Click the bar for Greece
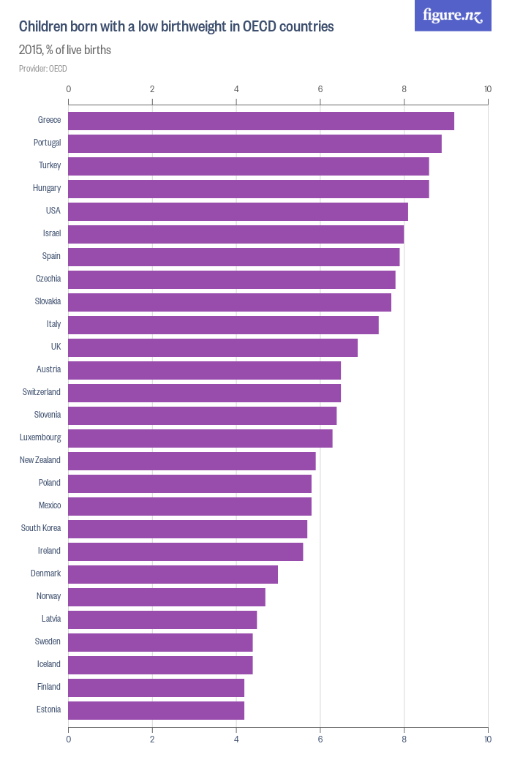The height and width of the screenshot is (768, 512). click(x=261, y=121)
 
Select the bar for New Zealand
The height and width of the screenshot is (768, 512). click(x=192, y=461)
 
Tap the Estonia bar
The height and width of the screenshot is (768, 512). click(x=156, y=710)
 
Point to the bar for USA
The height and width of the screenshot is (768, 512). click(x=238, y=211)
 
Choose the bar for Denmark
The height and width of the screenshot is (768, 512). click(x=173, y=574)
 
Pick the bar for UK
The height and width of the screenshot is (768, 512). click(x=213, y=347)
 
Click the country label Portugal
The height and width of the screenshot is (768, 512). click(x=47, y=143)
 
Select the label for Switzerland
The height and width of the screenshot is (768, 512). click(x=42, y=392)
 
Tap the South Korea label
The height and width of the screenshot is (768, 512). click(x=41, y=528)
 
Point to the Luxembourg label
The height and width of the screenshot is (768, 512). click(x=40, y=437)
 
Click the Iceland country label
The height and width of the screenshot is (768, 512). click(x=48, y=664)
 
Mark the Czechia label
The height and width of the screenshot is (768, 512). click(x=48, y=279)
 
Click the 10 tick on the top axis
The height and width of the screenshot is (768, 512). click(x=488, y=89)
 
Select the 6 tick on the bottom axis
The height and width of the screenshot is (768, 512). click(x=320, y=739)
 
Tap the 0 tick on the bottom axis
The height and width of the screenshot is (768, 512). click(x=69, y=739)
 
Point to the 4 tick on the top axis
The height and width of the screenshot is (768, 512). click(x=236, y=89)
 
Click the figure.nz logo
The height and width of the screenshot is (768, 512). click(x=453, y=15)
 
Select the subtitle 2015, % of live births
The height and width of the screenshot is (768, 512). click(x=65, y=50)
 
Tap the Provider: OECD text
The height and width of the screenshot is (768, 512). click(x=43, y=69)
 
